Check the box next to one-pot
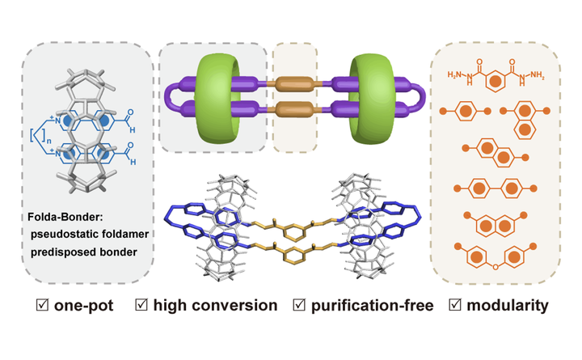pyautogui.click(x=42, y=305)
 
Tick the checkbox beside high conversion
pyautogui.click(x=141, y=305)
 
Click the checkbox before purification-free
pyautogui.click(x=299, y=305)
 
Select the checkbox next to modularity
pyautogui.click(x=455, y=305)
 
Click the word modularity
pyautogui.click(x=508, y=305)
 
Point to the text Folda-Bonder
pyautogui.click(x=65, y=217)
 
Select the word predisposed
pyautogui.click(x=57, y=252)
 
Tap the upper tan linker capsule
pyautogui.click(x=295, y=83)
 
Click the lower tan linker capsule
pyautogui.click(x=295, y=109)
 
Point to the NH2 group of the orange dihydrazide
pyautogui.click(x=537, y=75)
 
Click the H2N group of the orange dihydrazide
pyautogui.click(x=454, y=74)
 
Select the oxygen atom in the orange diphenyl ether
pyautogui.click(x=495, y=267)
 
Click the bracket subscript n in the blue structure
pyautogui.click(x=48, y=140)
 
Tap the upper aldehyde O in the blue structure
pyautogui.click(x=130, y=112)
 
